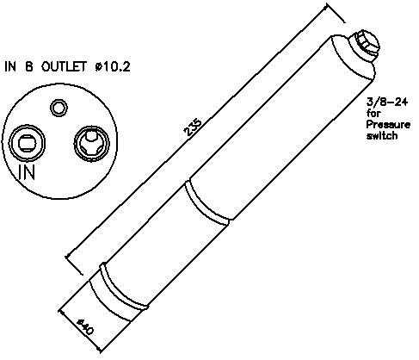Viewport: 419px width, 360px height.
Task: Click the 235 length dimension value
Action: [194, 127]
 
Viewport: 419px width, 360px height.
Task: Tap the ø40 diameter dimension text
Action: [85, 326]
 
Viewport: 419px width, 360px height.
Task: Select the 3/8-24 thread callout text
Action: [387, 102]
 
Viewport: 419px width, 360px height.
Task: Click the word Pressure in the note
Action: [388, 125]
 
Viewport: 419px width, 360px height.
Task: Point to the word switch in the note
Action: [382, 135]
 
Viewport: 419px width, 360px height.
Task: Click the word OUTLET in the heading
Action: [64, 66]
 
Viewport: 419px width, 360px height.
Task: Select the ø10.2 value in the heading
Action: [113, 67]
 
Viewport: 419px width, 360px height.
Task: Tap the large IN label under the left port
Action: [27, 172]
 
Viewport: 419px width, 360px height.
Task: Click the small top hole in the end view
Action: [59, 108]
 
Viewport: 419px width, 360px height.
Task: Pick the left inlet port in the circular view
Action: [27, 143]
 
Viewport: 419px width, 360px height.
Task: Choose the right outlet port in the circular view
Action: [92, 143]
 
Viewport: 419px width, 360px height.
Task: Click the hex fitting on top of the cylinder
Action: [365, 44]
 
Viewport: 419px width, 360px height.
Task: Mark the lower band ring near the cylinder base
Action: [120, 291]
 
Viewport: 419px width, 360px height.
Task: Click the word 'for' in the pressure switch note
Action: [373, 114]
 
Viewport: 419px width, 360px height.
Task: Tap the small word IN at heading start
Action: [10, 66]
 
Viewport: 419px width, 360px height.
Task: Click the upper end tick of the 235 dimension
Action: [336, 13]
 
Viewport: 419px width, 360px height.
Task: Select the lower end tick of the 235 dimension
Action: [74, 264]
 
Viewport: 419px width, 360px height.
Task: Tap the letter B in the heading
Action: [29, 66]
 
